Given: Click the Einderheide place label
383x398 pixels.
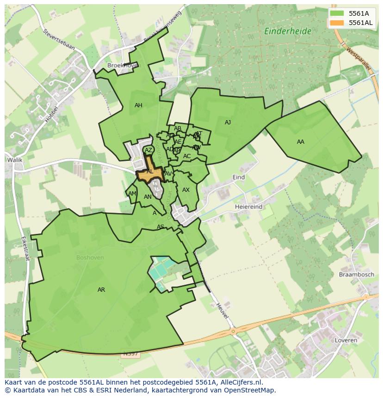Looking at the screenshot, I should [x=288, y=31].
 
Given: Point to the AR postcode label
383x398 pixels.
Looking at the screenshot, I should [x=101, y=290].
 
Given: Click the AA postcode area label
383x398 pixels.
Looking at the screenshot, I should [x=301, y=142].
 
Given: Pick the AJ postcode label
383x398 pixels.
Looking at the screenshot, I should [x=228, y=122].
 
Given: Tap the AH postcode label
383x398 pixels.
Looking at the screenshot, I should [x=138, y=105].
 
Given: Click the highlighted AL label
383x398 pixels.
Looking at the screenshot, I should [x=150, y=171].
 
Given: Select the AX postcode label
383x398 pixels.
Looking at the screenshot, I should [x=186, y=190].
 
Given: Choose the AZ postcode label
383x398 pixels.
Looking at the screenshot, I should [x=148, y=150].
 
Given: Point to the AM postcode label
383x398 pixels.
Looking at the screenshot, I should [x=132, y=194].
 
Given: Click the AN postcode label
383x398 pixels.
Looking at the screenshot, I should [x=148, y=197].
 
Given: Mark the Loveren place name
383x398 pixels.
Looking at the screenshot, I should [x=345, y=340].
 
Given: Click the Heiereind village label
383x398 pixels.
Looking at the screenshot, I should [x=248, y=207].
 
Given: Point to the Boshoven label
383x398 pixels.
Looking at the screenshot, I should [x=90, y=257].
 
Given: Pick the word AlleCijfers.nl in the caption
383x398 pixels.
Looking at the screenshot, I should [x=240, y=382].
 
